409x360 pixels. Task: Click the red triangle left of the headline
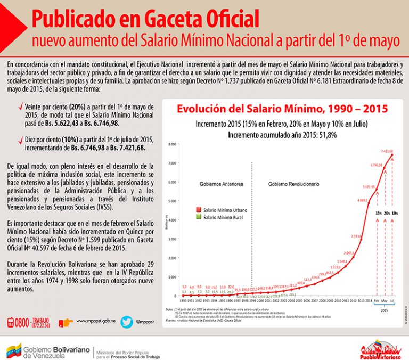click(x=12, y=24)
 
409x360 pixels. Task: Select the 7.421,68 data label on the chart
click(x=387, y=151)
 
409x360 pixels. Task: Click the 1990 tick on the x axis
click(x=184, y=301)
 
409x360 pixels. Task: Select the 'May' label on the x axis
click(x=385, y=301)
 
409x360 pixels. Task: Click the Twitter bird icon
click(x=127, y=321)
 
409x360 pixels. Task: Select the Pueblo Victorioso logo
click(x=379, y=349)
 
